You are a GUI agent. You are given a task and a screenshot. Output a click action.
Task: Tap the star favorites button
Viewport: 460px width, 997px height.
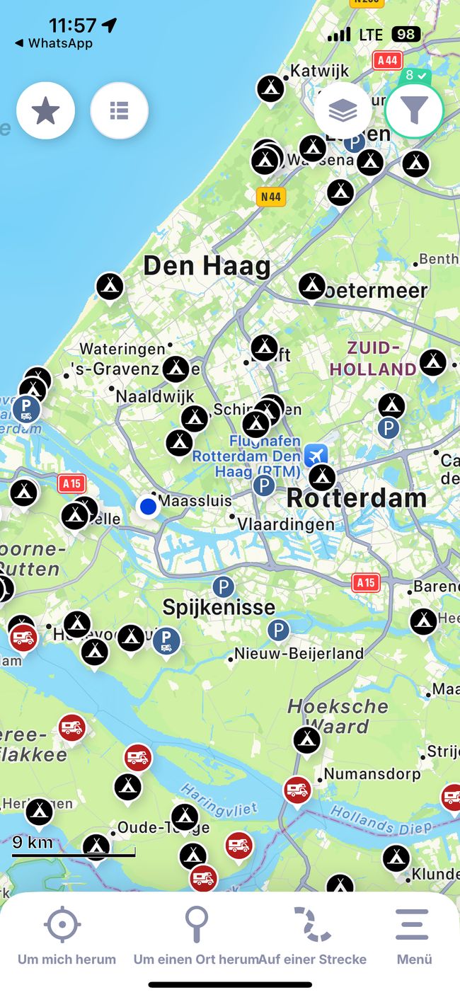pyautogui.click(x=46, y=110)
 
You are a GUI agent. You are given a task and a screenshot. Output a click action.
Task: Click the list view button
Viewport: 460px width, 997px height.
pyautogui.click(x=119, y=110)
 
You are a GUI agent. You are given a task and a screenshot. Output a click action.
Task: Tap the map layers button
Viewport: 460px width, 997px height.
pyautogui.click(x=343, y=110)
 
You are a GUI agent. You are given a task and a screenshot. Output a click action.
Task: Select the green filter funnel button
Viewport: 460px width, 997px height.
pyautogui.click(x=414, y=110)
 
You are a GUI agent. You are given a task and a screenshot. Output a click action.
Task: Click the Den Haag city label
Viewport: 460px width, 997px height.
pyautogui.click(x=207, y=267)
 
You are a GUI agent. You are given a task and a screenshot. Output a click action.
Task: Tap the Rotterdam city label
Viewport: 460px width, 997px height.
pyautogui.click(x=356, y=497)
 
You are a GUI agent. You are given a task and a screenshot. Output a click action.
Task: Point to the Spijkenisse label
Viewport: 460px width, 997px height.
pyautogui.click(x=219, y=607)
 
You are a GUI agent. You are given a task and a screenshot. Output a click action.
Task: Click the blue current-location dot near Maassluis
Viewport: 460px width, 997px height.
pyautogui.click(x=148, y=507)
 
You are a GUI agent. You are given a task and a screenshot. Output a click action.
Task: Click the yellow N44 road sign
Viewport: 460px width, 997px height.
pyautogui.click(x=270, y=197)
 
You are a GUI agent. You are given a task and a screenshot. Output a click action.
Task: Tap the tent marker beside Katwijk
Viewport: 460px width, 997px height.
pyautogui.click(x=270, y=88)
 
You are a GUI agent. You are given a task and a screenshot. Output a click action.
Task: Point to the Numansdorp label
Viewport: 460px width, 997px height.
pyautogui.click(x=372, y=774)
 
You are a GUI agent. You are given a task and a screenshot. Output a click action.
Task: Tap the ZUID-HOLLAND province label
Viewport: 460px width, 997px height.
pyautogui.click(x=373, y=358)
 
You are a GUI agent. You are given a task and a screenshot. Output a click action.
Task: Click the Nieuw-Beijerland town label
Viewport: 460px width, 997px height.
pyautogui.click(x=299, y=654)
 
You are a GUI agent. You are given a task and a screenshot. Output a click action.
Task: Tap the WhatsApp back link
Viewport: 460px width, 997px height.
pyautogui.click(x=54, y=43)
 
